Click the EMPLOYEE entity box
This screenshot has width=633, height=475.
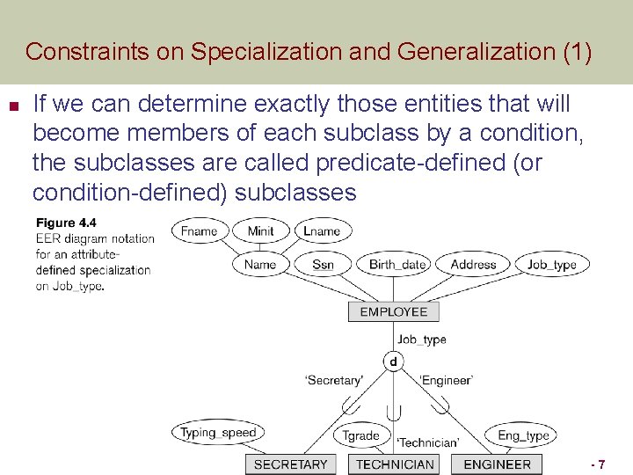coord(393,311)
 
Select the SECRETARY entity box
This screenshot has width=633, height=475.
coord(290,464)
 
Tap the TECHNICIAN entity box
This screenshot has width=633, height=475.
coord(395,464)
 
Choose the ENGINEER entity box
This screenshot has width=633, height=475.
coord(497,464)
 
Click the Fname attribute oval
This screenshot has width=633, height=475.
coord(199,231)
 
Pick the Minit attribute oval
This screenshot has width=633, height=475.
coord(260,231)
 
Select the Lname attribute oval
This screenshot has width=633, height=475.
coord(321,231)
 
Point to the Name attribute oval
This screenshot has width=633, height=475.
coord(260,264)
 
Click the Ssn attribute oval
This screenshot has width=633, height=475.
coord(323,264)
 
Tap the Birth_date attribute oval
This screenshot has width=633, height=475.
coord(397,264)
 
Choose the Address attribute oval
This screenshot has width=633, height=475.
coord(473,264)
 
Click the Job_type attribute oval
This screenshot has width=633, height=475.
coord(552,264)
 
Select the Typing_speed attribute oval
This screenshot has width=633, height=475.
coord(218,432)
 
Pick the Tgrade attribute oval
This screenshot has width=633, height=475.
coord(360,435)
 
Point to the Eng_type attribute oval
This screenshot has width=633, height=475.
coord(523,435)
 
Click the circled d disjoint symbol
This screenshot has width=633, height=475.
coord(393,361)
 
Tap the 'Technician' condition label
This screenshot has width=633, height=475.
coord(427,442)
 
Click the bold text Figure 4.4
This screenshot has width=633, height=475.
coord(66,223)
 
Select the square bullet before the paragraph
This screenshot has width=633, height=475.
coord(11,105)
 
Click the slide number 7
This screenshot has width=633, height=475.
coord(600,464)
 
